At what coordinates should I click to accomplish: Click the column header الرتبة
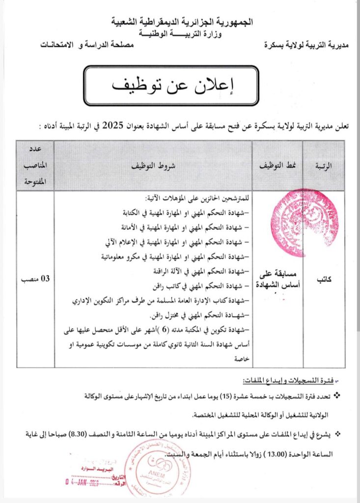coord(323,166)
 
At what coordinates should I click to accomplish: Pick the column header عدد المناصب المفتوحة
coord(35,166)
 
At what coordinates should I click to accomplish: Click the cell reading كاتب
coord(323,279)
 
